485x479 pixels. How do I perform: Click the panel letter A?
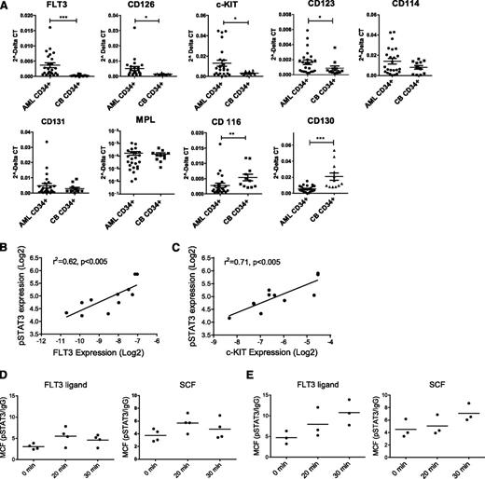[7, 7]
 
